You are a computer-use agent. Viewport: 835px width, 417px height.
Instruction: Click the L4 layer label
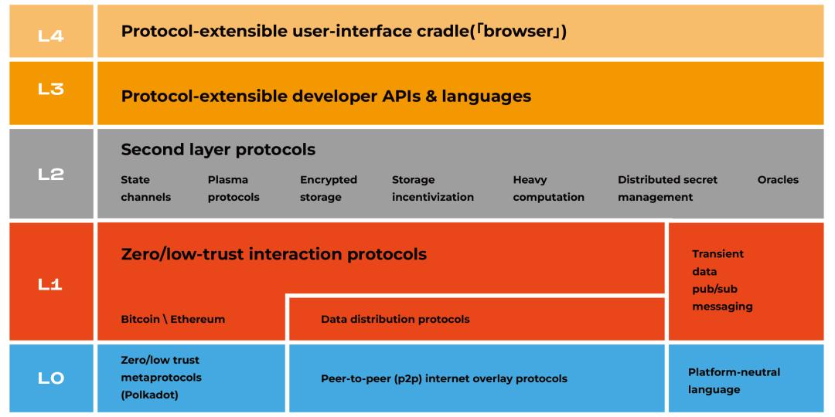[51, 35]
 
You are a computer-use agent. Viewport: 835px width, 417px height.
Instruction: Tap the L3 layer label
[51, 89]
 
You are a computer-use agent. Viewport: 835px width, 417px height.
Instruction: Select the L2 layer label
[51, 175]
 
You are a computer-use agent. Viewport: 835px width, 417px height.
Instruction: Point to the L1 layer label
[51, 284]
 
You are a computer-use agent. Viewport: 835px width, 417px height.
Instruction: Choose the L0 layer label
[51, 378]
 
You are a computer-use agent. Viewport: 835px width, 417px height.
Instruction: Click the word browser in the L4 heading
[520, 32]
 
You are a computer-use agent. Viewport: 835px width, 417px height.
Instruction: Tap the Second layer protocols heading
[218, 149]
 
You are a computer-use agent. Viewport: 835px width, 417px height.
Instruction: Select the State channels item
[145, 188]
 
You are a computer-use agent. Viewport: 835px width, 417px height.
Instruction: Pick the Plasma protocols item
[233, 188]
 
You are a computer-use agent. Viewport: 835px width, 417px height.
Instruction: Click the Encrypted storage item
[328, 188]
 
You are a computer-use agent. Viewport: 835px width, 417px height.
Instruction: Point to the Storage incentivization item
[433, 188]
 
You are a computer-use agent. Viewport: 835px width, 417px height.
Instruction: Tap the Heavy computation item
[548, 188]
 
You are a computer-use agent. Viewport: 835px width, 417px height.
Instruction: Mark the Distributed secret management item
[666, 188]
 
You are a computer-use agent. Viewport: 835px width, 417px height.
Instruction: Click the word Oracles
[778, 180]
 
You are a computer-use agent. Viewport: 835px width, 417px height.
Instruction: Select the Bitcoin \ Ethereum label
[173, 319]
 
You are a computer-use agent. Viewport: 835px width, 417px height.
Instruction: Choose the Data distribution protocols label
[395, 319]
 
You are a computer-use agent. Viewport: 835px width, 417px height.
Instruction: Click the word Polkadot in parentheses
[149, 395]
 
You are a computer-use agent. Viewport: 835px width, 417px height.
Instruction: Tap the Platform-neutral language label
[734, 381]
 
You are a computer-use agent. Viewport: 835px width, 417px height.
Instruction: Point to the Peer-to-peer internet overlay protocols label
[444, 378]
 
